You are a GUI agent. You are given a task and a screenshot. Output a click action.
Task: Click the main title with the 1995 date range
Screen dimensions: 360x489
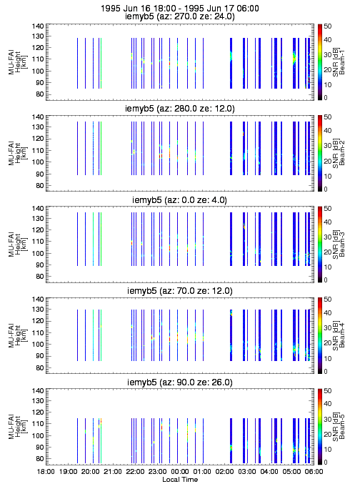point(180,8)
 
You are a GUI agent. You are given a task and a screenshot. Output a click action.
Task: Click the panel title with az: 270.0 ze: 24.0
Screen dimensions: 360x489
point(180,16)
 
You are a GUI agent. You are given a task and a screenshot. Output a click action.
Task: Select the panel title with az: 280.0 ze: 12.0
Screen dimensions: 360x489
point(180,108)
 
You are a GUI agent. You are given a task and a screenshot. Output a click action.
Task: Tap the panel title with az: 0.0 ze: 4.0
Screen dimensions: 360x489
point(180,199)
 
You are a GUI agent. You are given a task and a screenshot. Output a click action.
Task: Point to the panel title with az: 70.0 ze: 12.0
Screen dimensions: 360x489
point(180,291)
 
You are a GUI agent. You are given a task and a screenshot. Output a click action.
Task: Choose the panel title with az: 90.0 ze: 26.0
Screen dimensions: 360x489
point(180,382)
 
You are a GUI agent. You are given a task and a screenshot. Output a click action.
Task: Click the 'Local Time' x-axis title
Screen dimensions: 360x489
point(180,479)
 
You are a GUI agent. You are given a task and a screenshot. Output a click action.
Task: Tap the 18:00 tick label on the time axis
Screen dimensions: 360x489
point(46,472)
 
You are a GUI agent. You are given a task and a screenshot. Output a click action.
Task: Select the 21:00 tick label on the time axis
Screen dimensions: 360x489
point(113,472)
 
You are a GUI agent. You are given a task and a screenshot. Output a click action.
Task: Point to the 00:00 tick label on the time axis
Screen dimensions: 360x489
point(180,472)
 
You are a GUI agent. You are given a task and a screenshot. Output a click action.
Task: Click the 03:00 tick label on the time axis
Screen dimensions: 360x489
point(247,472)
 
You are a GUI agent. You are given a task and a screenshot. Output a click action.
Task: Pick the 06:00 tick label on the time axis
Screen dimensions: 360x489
point(314,472)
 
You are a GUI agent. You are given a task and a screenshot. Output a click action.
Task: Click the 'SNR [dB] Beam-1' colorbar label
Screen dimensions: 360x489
point(339,62)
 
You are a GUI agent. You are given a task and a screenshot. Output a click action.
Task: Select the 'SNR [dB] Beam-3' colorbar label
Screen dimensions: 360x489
point(339,244)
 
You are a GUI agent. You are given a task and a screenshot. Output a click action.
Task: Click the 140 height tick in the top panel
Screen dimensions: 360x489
point(38,26)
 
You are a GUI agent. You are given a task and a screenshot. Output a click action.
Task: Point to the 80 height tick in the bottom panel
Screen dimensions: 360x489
point(39,459)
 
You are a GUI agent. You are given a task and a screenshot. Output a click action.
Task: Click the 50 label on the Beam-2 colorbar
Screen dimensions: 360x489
point(327,117)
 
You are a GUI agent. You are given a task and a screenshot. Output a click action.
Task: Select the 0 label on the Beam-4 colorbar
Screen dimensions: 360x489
point(326,372)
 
